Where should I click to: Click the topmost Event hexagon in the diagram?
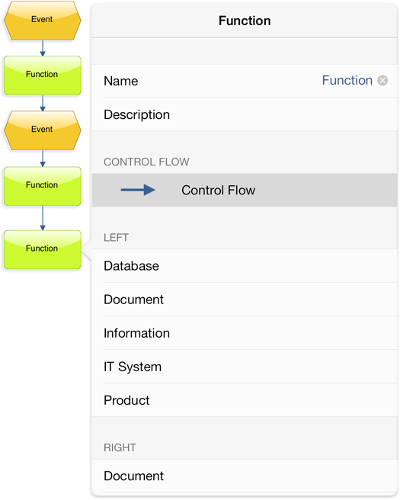43,21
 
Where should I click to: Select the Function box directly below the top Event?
43,75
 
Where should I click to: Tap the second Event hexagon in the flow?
43,130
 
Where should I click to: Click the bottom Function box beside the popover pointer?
43,250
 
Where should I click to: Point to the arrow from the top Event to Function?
43,48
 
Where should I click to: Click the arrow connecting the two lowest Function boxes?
43,218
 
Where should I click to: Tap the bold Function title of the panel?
245,21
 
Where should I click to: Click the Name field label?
121,81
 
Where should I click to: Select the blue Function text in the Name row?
347,80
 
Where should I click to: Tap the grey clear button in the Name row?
382,80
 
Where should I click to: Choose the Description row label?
136,115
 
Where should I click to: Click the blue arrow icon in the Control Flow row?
138,190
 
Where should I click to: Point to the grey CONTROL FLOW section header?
146,162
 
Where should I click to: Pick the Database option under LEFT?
131,266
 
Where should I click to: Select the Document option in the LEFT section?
133,300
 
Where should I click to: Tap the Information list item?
136,333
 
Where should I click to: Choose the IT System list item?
133,367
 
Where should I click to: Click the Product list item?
126,400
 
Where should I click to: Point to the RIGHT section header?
120,447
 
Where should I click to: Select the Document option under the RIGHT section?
133,476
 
